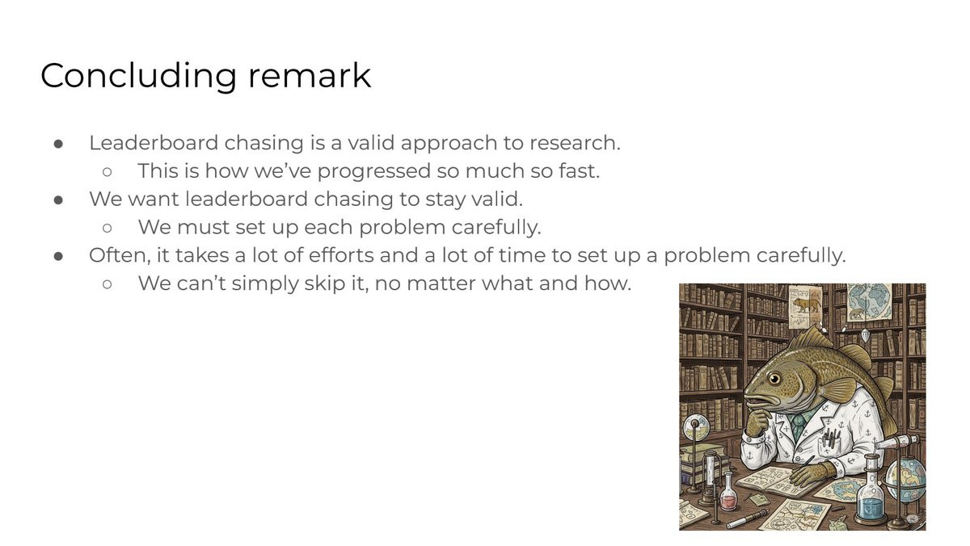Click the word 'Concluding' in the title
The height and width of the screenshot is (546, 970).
pos(138,76)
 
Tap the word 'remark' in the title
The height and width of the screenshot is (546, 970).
pos(310,75)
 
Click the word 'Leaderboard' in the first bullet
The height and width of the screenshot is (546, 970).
pos(154,143)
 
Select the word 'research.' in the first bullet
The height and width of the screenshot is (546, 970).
pos(575,143)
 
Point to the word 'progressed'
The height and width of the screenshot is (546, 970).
pos(374,172)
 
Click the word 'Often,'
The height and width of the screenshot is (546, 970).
pos(120,256)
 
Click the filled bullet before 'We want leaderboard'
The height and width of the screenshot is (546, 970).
pos(58,200)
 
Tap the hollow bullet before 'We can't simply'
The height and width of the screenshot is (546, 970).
pos(108,284)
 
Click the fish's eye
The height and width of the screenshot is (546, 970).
pos(774,380)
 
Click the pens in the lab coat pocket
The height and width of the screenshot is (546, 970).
pos(829,437)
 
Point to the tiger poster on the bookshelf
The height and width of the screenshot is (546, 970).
pos(805,306)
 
